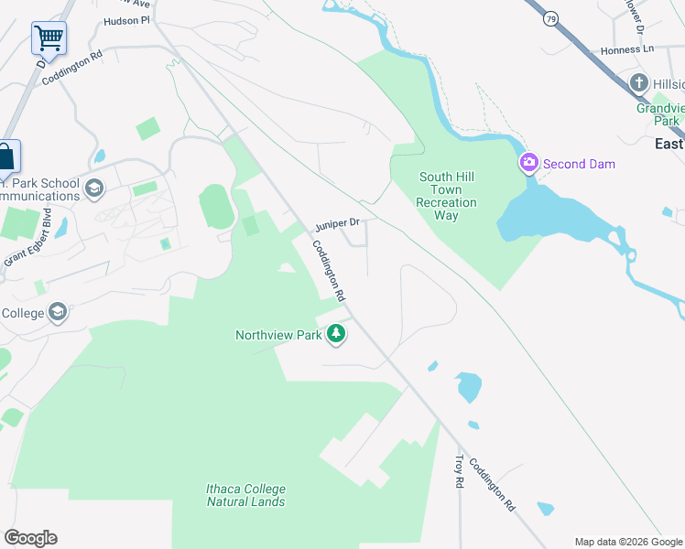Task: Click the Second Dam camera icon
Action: pyautogui.click(x=528, y=164)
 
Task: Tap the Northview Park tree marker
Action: pyautogui.click(x=337, y=335)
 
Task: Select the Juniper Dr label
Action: pyautogui.click(x=340, y=223)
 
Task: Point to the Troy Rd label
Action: pyautogui.click(x=460, y=471)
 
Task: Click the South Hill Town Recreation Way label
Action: pyautogui.click(x=446, y=196)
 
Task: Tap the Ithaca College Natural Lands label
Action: pyautogui.click(x=245, y=495)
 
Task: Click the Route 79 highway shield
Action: pyautogui.click(x=549, y=18)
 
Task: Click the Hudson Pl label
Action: pyautogui.click(x=126, y=19)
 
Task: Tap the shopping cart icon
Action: pyautogui.click(x=49, y=38)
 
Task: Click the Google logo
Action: pyautogui.click(x=30, y=538)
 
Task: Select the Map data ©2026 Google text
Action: pyautogui.click(x=627, y=542)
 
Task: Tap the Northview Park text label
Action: pyautogui.click(x=278, y=336)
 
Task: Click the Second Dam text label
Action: pyautogui.click(x=579, y=165)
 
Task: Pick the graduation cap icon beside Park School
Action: pyautogui.click(x=92, y=188)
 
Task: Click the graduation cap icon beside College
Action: pyautogui.click(x=57, y=313)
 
